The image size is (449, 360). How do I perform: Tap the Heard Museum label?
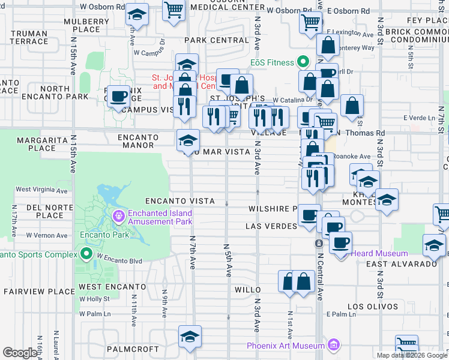(x=379, y=254)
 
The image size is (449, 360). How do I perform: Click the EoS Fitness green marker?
(x=303, y=62)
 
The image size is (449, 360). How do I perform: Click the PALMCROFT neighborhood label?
(x=132, y=349)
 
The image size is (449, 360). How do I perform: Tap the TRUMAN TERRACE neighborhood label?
(x=29, y=37)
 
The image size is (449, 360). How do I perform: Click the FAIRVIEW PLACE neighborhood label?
(x=30, y=292)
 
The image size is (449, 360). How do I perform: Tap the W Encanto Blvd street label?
(x=119, y=260)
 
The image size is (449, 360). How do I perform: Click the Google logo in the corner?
(x=20, y=352)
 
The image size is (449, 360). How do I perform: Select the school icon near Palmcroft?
(x=190, y=337)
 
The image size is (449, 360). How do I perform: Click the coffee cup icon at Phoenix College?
(x=118, y=95)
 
